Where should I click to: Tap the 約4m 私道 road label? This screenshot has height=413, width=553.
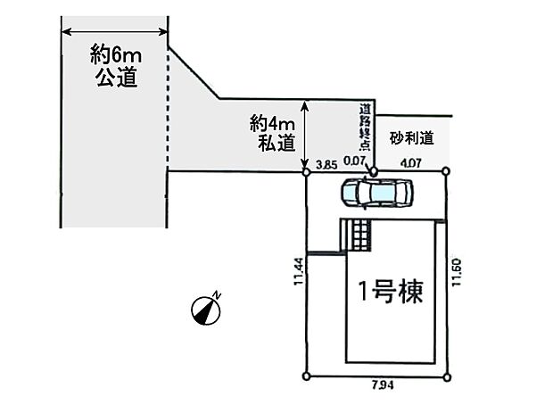pos(272,133)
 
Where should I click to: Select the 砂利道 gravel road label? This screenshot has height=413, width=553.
pos(411,138)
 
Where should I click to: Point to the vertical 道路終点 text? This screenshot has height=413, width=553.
pos(365,130)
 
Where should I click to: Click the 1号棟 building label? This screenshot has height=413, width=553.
pos(390,291)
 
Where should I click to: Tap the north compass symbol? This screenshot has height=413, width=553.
pos(207,308)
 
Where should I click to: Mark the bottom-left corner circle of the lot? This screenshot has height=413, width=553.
pos(307,376)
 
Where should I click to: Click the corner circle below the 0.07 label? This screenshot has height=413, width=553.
pos(375,171)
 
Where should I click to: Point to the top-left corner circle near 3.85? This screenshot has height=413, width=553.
pos(307,172)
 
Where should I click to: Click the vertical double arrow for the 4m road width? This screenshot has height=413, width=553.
pos(306,134)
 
